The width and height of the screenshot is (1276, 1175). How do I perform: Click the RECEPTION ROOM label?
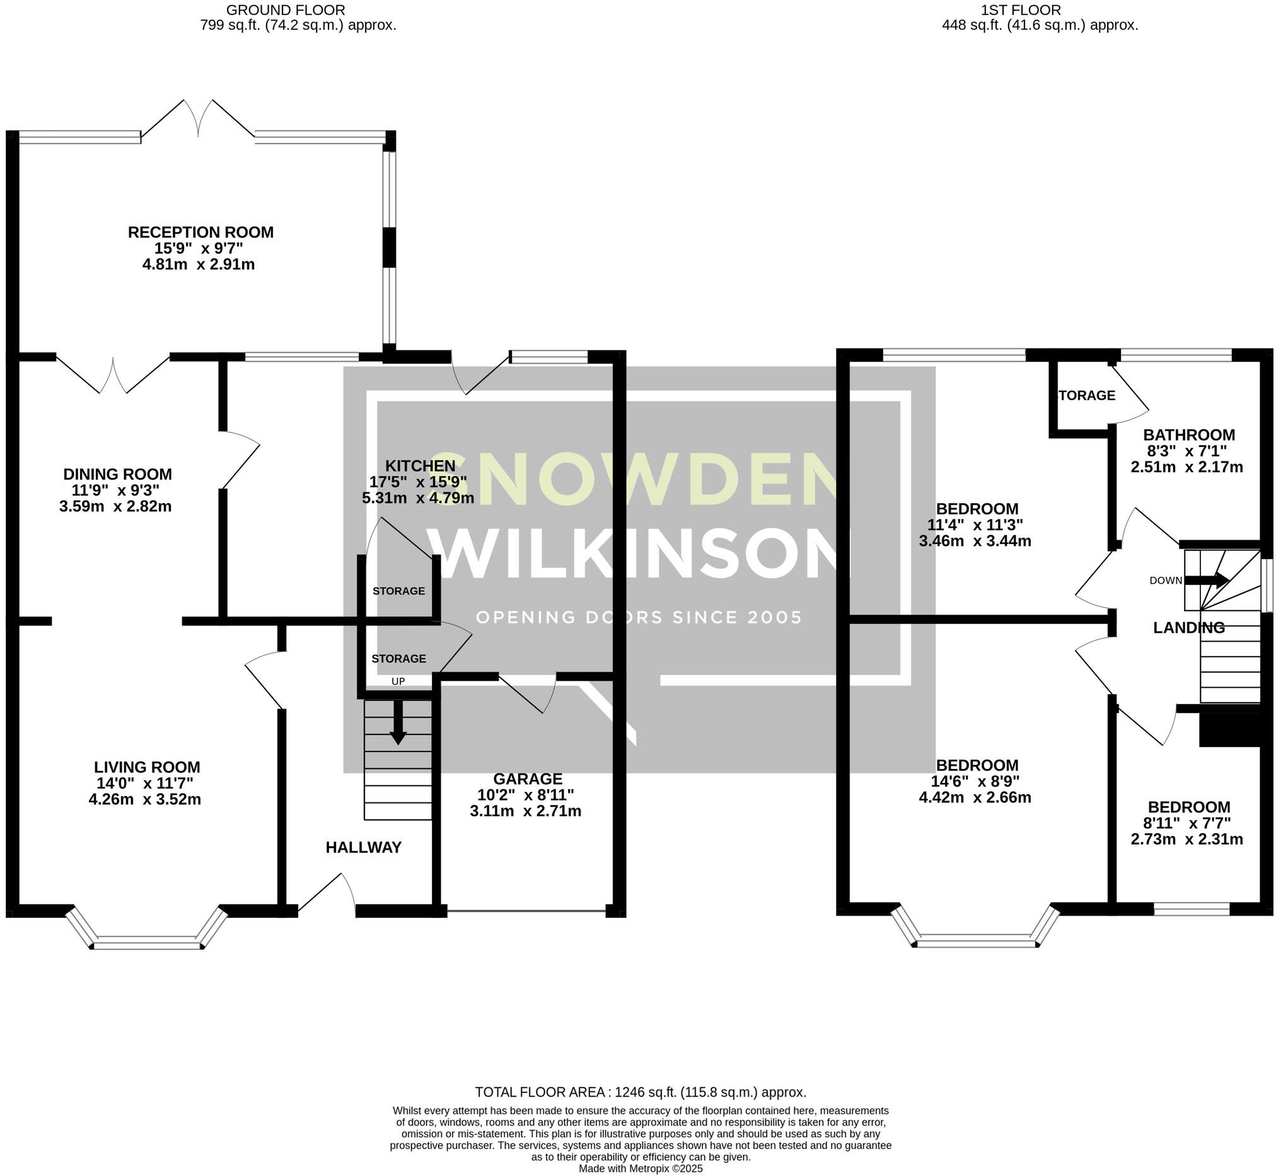[x=201, y=232]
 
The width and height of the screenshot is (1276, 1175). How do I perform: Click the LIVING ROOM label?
[x=147, y=767]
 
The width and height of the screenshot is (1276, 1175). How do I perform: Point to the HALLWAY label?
[x=364, y=847]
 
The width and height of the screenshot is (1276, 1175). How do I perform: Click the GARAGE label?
[x=528, y=779]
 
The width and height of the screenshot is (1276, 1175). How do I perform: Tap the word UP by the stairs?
[x=398, y=681]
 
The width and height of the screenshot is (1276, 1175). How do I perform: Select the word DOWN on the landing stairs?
[x=1166, y=580]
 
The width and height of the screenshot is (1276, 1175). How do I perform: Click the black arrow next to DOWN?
[x=1206, y=580]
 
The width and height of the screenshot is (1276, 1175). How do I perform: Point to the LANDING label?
[x=1189, y=628]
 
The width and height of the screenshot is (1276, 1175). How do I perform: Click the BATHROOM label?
[x=1189, y=435]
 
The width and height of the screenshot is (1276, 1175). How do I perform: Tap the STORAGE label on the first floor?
[x=1086, y=395]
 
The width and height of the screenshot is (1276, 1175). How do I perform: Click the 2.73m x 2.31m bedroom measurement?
[x=1186, y=839]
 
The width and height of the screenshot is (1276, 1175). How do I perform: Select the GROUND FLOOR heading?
[x=286, y=10]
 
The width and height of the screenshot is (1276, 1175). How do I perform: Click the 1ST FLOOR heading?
[x=1021, y=10]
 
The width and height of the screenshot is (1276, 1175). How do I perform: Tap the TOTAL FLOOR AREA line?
[x=641, y=1092]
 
